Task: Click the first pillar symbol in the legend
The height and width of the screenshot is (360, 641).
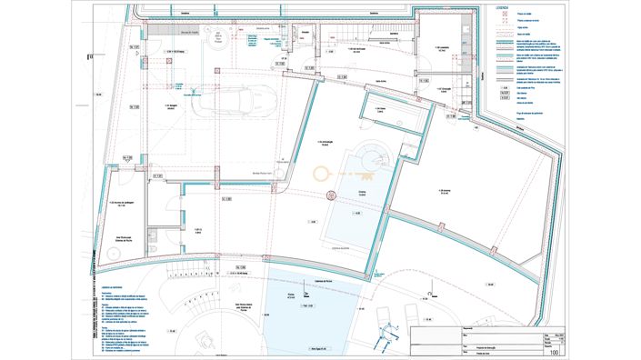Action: pyautogui.click(x=499, y=16)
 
